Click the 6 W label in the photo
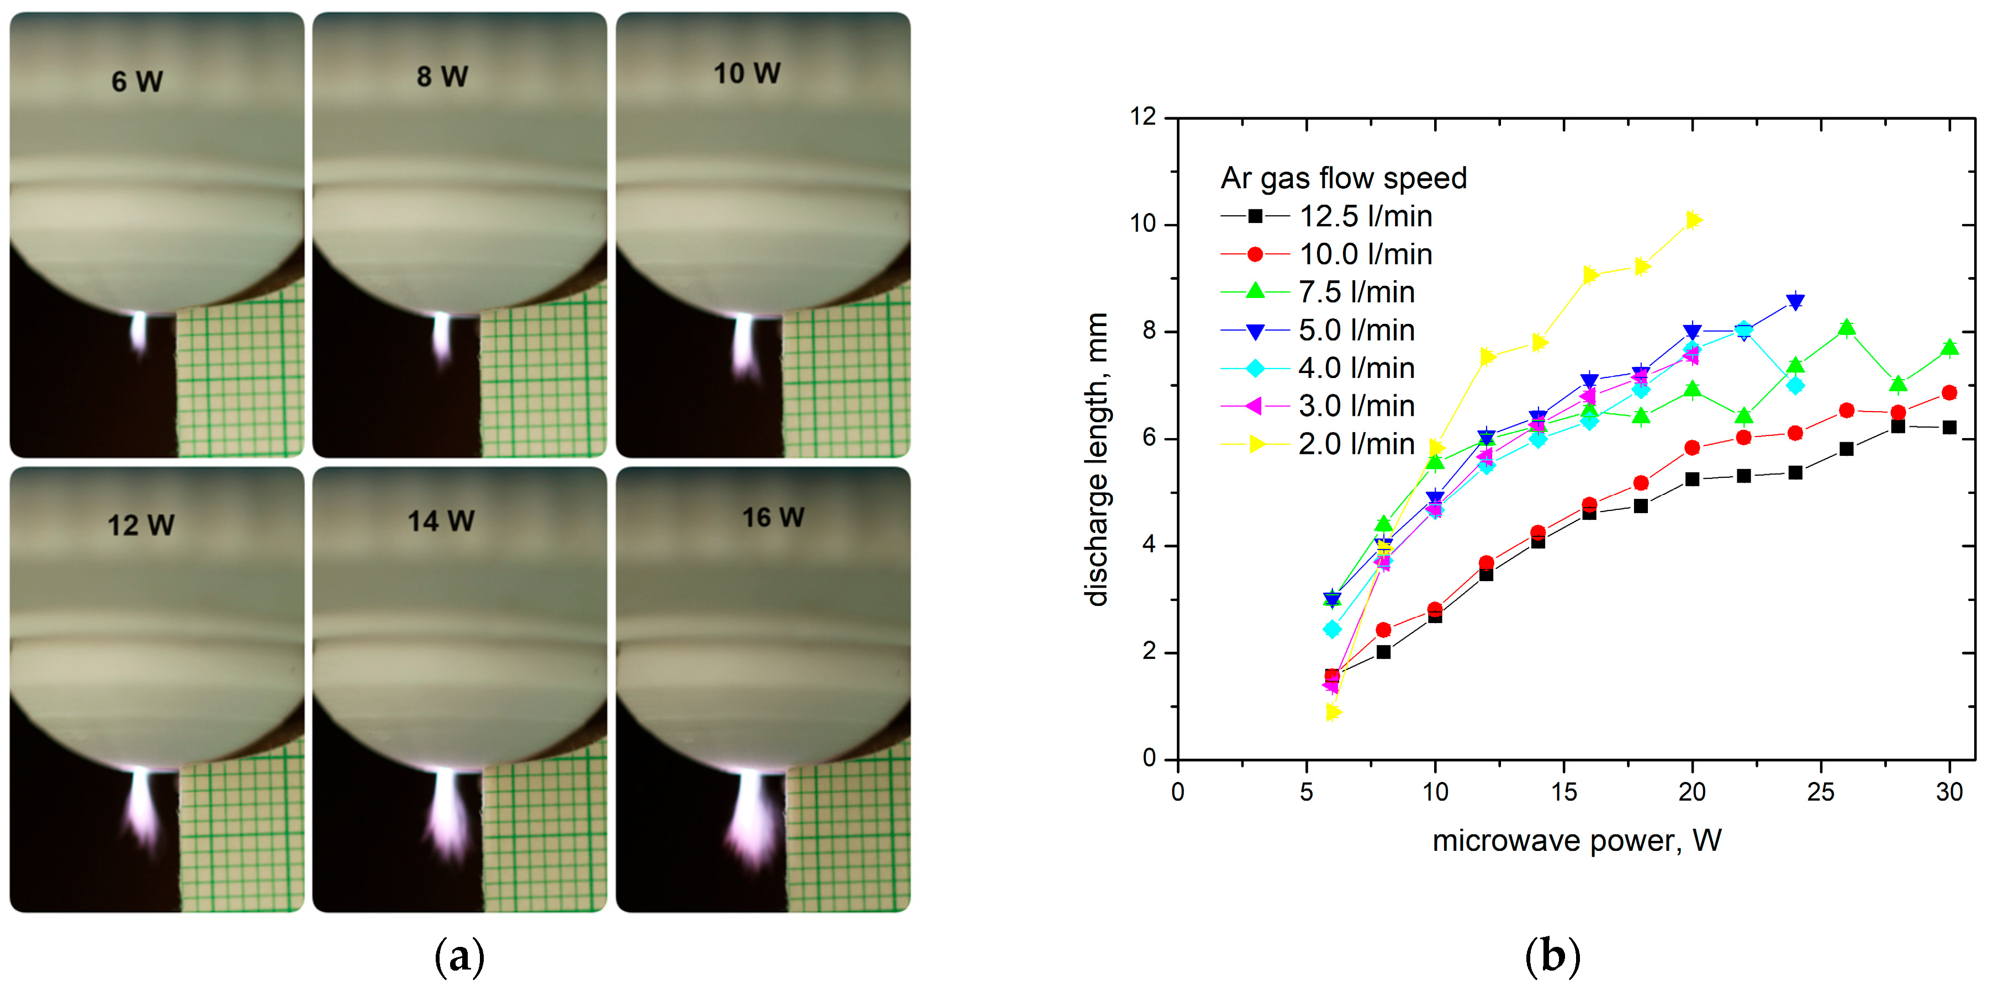[x=137, y=81]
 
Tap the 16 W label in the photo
[x=773, y=518]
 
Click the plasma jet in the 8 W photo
[x=442, y=337]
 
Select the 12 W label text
[x=141, y=526]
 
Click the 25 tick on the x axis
[x=1821, y=792]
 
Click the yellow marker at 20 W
[x=1693, y=220]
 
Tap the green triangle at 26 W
[x=1847, y=328]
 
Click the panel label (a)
[x=459, y=957]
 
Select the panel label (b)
[x=1552, y=957]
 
